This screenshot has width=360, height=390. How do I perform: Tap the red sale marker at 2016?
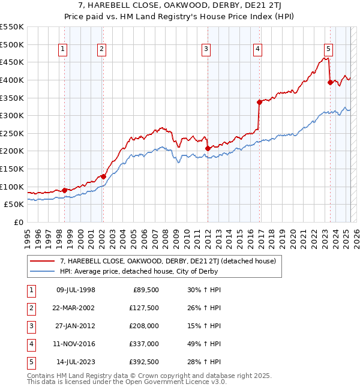click(x=259, y=102)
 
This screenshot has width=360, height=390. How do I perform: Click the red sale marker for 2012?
click(x=208, y=148)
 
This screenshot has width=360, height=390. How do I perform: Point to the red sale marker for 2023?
click(x=330, y=83)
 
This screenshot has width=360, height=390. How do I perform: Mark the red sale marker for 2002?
click(x=103, y=176)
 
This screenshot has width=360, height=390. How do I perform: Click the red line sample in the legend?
click(x=41, y=261)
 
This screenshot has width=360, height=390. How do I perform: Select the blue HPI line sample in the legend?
click(x=41, y=271)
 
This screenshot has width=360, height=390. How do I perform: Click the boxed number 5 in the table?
click(x=31, y=362)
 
